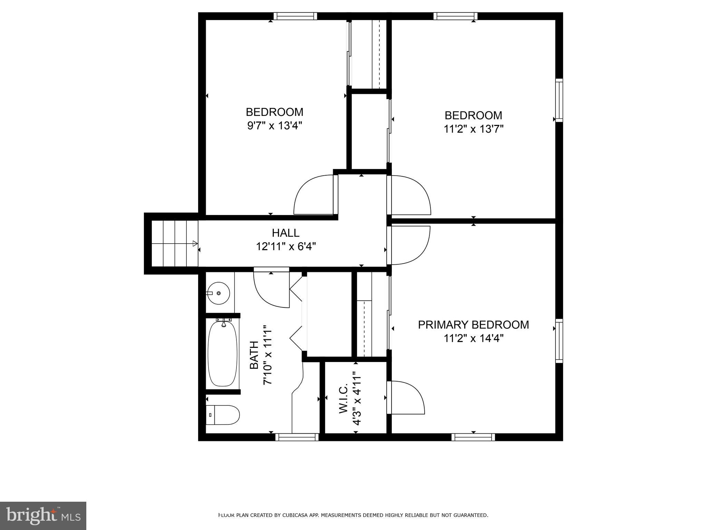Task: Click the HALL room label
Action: (285, 233)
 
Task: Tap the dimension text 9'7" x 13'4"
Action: (274, 126)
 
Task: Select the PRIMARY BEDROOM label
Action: (473, 325)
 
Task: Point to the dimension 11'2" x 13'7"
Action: (473, 129)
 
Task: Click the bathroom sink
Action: (219, 293)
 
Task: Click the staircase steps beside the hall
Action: (175, 243)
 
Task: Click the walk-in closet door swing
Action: (405, 397)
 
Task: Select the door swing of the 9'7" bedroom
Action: (314, 195)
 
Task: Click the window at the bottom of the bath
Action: (297, 437)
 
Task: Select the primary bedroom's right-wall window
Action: (559, 341)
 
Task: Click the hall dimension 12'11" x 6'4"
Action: (285, 247)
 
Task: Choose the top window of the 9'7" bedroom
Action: (295, 16)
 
